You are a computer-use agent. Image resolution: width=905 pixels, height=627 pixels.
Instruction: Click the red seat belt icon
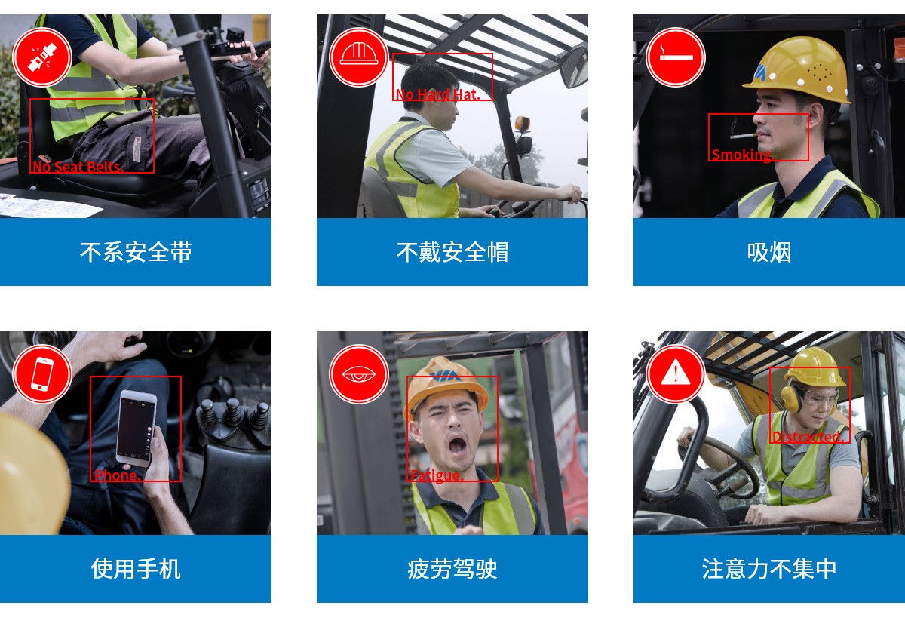click(x=42, y=57)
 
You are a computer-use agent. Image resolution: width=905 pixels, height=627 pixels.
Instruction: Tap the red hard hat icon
click(x=359, y=57)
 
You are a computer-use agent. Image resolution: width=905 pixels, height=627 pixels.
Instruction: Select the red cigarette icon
click(x=676, y=57)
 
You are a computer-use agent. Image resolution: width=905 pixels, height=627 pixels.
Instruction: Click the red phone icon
click(x=42, y=374)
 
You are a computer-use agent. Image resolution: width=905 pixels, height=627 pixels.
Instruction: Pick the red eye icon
click(x=359, y=374)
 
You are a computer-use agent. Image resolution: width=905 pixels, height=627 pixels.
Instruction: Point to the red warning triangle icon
click(x=676, y=374)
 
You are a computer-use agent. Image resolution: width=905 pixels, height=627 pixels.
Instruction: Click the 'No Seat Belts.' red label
click(x=78, y=167)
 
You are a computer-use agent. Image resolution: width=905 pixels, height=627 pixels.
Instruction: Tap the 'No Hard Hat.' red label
click(x=438, y=94)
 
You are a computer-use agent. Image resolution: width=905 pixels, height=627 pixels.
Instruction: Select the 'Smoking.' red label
click(x=742, y=155)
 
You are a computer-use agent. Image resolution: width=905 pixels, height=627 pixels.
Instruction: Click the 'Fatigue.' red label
click(x=437, y=476)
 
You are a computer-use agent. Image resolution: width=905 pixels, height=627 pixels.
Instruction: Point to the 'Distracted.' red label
click(x=808, y=437)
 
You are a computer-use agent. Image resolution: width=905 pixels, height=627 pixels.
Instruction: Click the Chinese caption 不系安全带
click(x=136, y=252)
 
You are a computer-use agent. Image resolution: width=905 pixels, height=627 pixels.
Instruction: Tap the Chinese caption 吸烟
click(x=769, y=252)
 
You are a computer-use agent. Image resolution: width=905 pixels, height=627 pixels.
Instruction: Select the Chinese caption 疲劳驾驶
click(x=452, y=569)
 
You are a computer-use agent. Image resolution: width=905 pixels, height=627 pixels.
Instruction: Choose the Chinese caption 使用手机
click(x=136, y=569)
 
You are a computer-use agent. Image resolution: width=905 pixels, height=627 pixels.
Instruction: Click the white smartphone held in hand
click(x=137, y=429)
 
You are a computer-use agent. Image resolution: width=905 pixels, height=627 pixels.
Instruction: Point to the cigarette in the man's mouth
click(x=744, y=136)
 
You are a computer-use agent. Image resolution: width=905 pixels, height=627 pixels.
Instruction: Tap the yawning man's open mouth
click(x=457, y=446)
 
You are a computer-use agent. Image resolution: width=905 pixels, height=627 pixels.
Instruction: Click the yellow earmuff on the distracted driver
click(x=790, y=399)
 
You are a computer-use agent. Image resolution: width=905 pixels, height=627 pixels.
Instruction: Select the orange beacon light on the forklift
click(x=522, y=123)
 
